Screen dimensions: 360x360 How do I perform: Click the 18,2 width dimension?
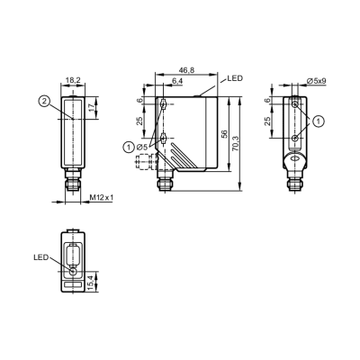coord(73,80)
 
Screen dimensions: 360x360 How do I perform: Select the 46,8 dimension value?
coord(186,70)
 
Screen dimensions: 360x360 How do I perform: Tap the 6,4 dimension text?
coord(177,81)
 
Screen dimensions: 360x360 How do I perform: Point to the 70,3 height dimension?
coord(235,144)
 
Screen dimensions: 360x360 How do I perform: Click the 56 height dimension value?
coord(225,134)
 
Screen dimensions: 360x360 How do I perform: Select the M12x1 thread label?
coord(102,197)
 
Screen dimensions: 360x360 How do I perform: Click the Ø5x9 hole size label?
coord(317,80)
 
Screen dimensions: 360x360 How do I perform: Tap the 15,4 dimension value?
coord(91,283)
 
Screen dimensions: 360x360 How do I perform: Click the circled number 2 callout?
coord(44,101)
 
